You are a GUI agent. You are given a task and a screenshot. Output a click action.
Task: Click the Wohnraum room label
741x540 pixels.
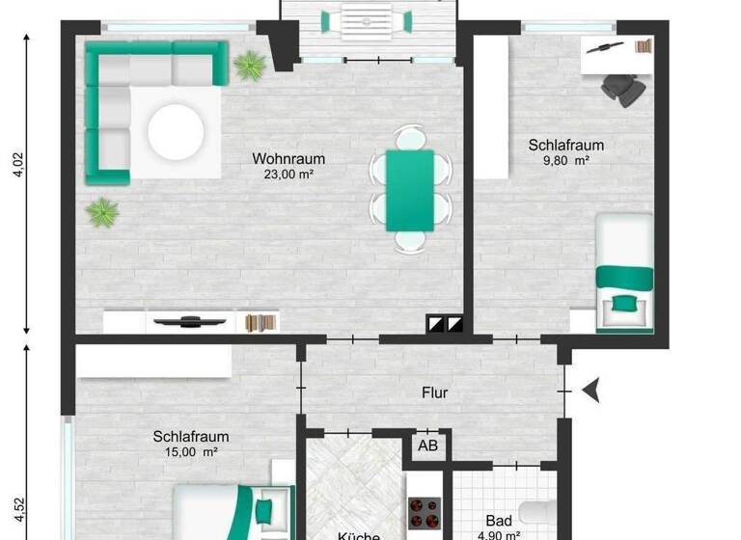tap(288, 159)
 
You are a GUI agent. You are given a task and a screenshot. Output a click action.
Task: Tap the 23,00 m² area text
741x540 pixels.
tap(289, 175)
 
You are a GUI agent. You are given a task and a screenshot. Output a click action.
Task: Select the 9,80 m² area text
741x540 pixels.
tap(566, 162)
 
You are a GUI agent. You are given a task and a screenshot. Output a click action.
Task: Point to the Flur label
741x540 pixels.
tap(435, 392)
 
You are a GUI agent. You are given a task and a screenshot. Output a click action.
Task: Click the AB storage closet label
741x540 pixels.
tap(427, 445)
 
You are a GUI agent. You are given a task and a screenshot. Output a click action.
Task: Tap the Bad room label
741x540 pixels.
tap(500, 521)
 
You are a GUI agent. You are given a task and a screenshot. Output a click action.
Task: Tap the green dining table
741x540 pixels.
tap(410, 190)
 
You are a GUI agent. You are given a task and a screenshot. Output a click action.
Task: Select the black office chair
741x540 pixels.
tap(624, 88)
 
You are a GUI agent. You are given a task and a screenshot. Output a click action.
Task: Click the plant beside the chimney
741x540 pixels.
tap(250, 65)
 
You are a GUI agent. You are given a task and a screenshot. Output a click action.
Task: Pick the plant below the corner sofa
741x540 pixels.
tap(101, 211)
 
